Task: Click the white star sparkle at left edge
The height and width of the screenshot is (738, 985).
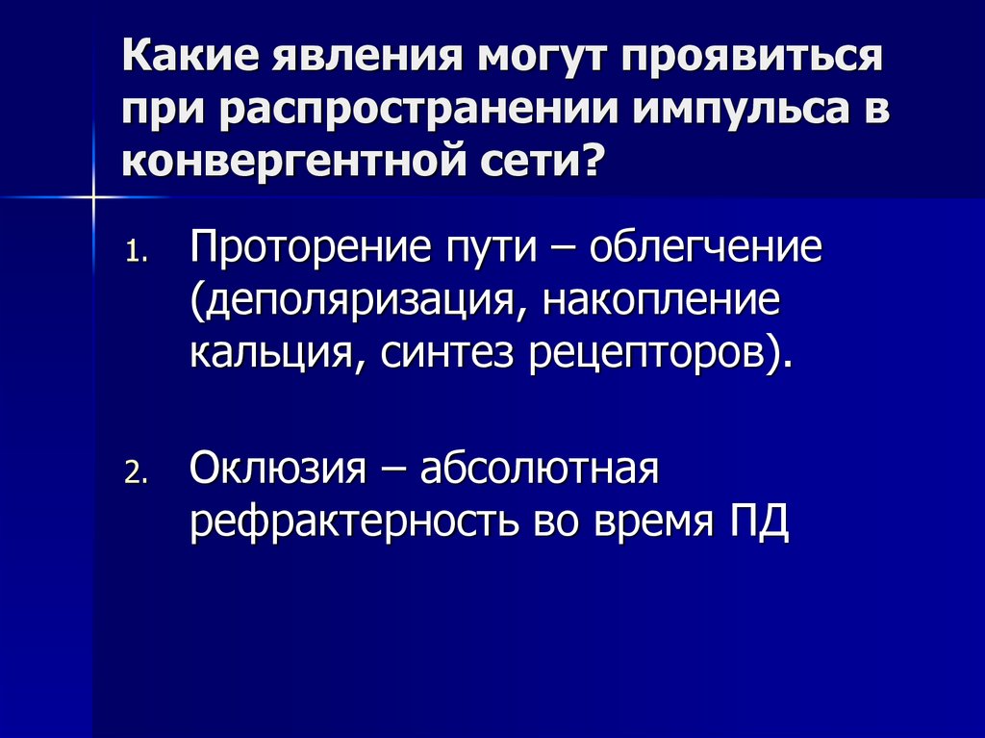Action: click(x=95, y=196)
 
